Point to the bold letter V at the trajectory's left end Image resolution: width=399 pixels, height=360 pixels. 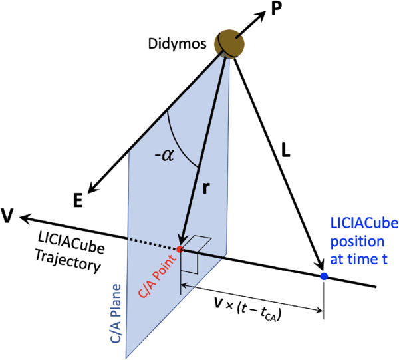[x=8, y=217]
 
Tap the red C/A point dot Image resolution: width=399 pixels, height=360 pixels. [x=180, y=249]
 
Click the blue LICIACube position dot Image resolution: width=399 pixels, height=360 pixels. [x=324, y=275]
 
